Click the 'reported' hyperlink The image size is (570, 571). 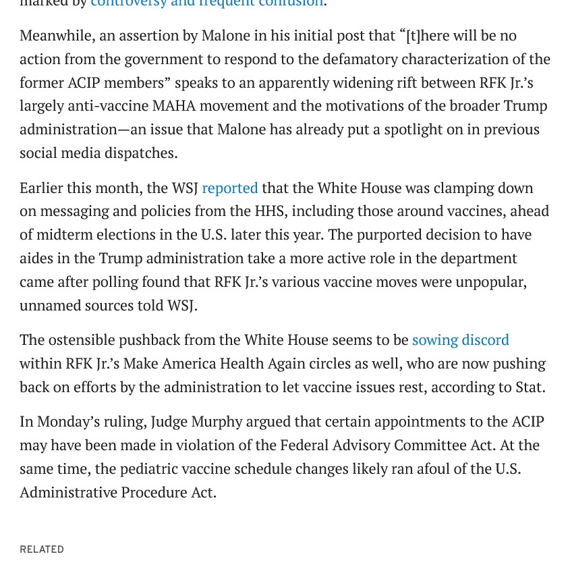229,188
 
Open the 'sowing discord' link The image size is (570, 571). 460,340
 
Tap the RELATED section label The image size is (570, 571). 42,549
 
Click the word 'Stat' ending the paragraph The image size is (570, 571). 529,387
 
